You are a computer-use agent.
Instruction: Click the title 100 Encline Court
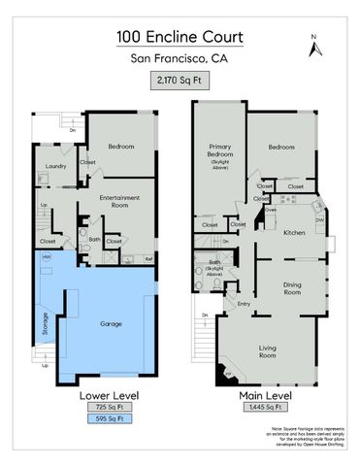pyautogui.click(x=180, y=37)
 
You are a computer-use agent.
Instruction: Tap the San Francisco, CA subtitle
pyautogui.click(x=180, y=59)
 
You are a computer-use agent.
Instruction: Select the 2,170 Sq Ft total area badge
pyautogui.click(x=180, y=83)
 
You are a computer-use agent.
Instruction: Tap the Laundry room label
pyautogui.click(x=55, y=166)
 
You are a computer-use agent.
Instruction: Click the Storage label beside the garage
pyautogui.click(x=45, y=321)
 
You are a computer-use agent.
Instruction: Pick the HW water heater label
pyautogui.click(x=46, y=257)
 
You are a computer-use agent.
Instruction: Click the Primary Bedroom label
pyautogui.click(x=218, y=151)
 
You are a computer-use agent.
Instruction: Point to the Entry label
pyautogui.click(x=244, y=303)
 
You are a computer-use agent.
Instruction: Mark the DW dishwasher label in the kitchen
pyautogui.click(x=319, y=220)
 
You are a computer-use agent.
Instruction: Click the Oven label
pyautogui.click(x=272, y=209)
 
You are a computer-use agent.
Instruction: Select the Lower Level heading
pyautogui.click(x=108, y=395)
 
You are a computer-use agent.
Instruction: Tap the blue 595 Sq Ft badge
pyautogui.click(x=108, y=419)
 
